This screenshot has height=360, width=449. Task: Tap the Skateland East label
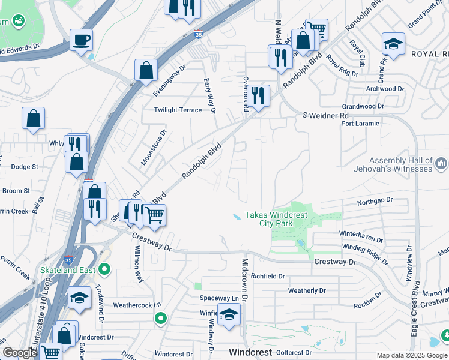point(68,269)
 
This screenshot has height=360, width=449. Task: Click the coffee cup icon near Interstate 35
point(81,41)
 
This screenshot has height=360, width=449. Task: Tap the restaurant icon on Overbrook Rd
point(258,96)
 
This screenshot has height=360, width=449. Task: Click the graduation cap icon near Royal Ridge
point(393,44)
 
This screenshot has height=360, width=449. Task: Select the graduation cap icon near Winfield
point(228,315)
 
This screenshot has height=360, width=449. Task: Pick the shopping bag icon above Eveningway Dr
point(146,70)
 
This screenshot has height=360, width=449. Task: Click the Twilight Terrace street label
point(178,110)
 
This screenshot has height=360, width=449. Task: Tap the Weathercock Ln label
point(137,305)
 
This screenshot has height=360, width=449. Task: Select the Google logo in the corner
point(19,353)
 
